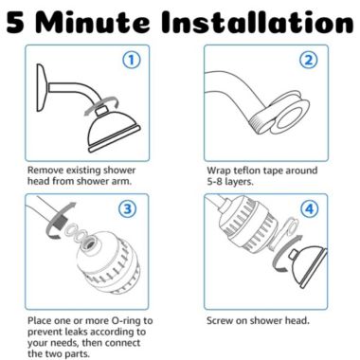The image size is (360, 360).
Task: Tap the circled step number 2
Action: [x=309, y=61]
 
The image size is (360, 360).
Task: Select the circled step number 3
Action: [x=131, y=209]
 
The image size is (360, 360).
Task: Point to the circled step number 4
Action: [x=309, y=207]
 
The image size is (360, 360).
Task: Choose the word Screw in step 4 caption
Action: [x=222, y=320]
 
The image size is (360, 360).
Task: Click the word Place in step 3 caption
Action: [x=43, y=320]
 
